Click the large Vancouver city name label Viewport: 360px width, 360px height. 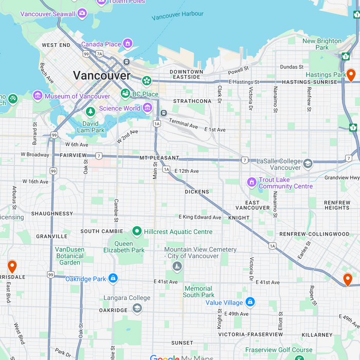(x=102, y=76)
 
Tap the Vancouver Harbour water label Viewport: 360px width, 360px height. (x=178, y=15)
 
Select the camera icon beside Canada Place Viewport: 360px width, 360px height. (x=128, y=44)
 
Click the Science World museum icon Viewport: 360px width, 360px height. (x=148, y=107)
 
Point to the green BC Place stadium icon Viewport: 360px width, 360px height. (x=125, y=94)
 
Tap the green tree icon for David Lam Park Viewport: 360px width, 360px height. (x=91, y=112)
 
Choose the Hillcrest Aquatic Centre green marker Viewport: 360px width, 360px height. (x=137, y=231)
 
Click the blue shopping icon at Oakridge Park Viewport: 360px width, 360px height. (x=113, y=279)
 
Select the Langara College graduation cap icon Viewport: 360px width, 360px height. (x=137, y=308)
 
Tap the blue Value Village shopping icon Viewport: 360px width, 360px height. (x=250, y=302)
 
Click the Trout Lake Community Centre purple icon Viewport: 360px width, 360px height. (x=251, y=182)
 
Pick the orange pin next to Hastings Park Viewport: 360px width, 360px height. (x=351, y=75)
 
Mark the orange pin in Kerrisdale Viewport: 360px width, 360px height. (x=12, y=266)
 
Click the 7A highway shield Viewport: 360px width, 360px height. (x=99, y=53)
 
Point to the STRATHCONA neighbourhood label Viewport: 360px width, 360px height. (x=192, y=101)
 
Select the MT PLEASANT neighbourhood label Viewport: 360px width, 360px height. (x=159, y=158)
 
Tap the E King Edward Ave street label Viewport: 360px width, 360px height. (x=200, y=218)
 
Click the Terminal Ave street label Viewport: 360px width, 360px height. (x=184, y=124)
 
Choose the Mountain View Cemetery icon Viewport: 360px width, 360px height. (x=177, y=266)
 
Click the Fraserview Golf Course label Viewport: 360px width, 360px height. (x=278, y=350)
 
